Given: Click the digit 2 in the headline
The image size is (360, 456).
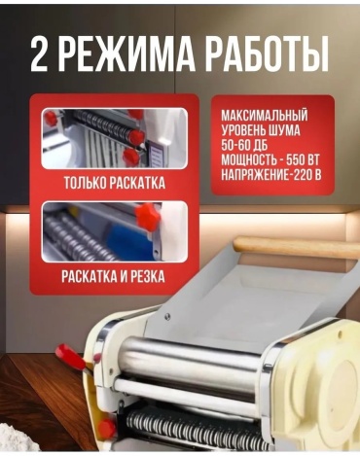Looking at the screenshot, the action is point(39,54).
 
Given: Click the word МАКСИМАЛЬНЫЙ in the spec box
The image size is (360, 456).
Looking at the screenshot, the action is point(265,116).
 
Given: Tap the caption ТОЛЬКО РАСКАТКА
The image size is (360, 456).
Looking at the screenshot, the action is point(115,183).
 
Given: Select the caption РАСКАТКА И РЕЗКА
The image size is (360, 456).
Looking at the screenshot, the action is point(113,277).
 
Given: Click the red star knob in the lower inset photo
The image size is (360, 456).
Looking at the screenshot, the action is point(148,217).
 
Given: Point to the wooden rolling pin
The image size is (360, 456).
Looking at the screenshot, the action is point(296,247).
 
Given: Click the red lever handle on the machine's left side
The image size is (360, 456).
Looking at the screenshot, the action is point(71,357).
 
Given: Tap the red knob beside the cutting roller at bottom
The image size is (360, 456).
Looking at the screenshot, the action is point(106,429).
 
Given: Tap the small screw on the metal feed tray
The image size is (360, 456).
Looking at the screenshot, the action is point(167,316).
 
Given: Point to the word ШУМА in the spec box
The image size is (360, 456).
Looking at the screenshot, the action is point(284,130).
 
